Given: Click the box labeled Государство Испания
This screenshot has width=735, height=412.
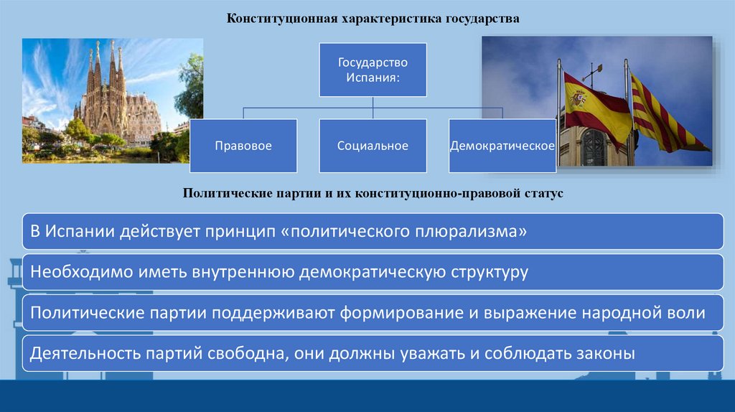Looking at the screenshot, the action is coord(373,70).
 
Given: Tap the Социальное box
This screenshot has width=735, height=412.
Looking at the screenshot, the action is coord(373,146).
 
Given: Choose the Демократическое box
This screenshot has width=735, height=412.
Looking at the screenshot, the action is coord(502,146).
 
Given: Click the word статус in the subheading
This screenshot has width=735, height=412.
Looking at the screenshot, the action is coord(546,195).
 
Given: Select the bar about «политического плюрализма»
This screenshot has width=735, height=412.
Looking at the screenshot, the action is coord(373,231).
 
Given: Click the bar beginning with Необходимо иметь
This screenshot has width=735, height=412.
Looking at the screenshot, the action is coord(373,272).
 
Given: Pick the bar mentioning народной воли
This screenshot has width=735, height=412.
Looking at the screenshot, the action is coord(373,312).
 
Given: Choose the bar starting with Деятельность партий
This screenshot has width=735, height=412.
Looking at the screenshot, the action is coord(373,352).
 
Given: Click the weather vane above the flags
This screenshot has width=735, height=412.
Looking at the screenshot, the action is coord(592,70).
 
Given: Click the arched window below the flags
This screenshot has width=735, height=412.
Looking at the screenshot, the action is coord(593,147).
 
